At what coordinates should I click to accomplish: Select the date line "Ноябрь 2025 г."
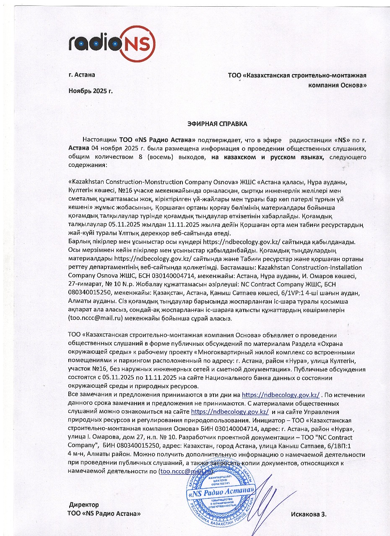click(x=90, y=90)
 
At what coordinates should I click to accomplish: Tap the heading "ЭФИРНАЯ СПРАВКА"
click(x=217, y=124)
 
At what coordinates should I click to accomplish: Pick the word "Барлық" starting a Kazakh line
click(x=78, y=242)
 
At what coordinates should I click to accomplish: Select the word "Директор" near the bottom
click(x=84, y=505)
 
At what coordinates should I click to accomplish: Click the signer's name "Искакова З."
click(x=308, y=514)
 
